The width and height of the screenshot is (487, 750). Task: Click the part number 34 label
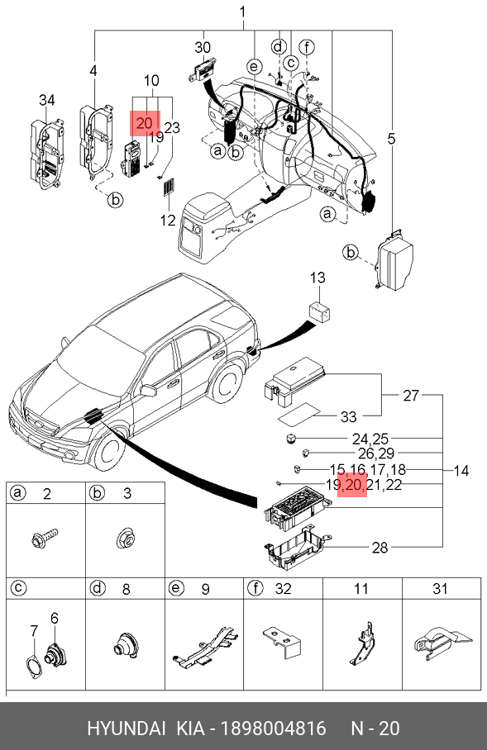coord(46,101)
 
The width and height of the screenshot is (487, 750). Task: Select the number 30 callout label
coord(203,47)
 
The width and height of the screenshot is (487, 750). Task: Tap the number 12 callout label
coord(168,221)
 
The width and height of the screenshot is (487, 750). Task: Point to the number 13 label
coord(318,278)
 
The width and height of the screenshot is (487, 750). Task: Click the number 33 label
coord(349,416)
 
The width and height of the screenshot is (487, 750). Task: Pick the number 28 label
coord(380,548)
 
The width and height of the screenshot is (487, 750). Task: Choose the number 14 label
coord(461,471)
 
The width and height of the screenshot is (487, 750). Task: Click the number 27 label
coord(411,396)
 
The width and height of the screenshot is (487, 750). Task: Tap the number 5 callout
coord(392,140)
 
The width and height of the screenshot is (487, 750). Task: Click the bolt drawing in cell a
coord(44,538)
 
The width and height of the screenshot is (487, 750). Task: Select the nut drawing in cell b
coord(125,538)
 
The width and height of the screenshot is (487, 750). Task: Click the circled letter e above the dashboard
coord(255,66)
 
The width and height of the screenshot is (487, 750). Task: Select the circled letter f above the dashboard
coord(307,47)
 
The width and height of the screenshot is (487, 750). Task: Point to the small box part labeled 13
coord(319,311)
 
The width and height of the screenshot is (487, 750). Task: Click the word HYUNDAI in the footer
coord(127,729)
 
